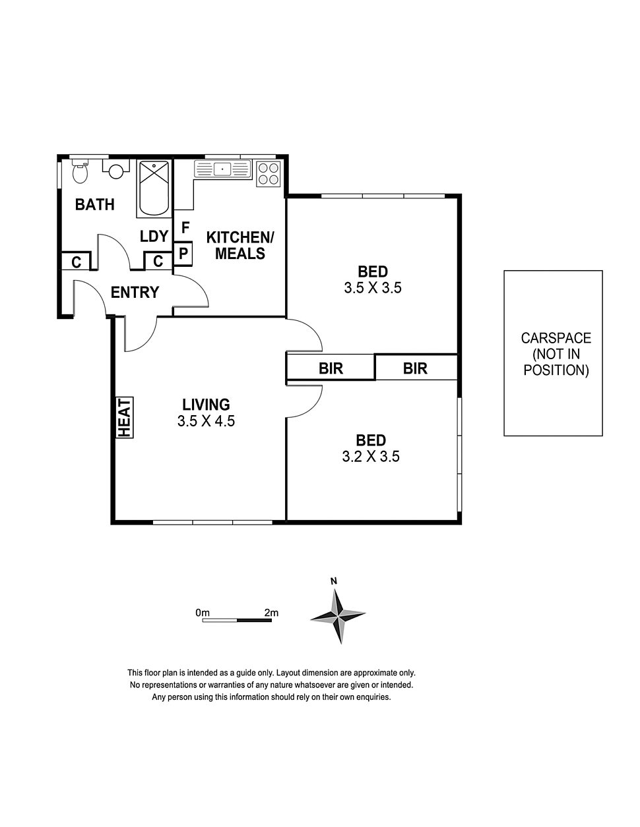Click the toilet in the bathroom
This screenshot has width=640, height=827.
click(80, 171)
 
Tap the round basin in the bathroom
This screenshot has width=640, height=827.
click(116, 170)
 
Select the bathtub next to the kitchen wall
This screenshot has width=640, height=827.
click(154, 188)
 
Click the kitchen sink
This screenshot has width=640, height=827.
click(223, 169)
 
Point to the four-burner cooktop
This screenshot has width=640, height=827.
click(269, 173)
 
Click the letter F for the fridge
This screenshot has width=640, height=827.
click(185, 227)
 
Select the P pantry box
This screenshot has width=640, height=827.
click(183, 253)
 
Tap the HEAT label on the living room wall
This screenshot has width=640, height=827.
click(125, 418)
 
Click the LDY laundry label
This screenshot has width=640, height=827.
click(154, 237)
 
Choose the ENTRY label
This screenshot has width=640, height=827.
click(135, 293)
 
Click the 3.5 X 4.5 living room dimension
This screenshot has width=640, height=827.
click(206, 421)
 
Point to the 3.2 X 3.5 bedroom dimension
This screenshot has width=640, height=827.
click(371, 456)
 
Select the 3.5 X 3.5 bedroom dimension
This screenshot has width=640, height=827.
click(373, 287)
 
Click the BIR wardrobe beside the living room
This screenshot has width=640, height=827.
click(331, 367)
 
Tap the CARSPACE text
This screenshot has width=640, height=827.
click(556, 338)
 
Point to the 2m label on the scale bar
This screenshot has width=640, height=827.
click(271, 613)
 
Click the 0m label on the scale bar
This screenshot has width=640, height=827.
click(203, 613)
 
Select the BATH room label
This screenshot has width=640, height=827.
click(95, 204)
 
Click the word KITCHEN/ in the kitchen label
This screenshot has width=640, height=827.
click(240, 237)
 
